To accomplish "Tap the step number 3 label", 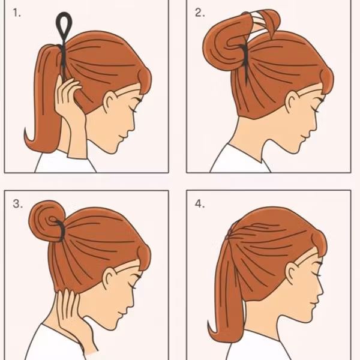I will pyautogui.click(x=17, y=204).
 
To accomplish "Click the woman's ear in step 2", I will pyautogui.click(x=292, y=103).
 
